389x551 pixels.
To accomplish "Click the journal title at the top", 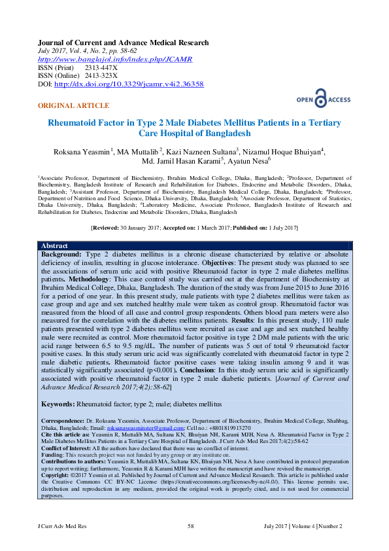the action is [124, 43].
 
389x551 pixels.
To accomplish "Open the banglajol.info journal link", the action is [116, 60].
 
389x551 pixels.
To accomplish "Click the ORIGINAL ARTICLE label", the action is [74, 106].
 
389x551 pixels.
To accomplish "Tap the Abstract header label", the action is [54, 245].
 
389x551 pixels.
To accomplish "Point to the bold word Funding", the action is [52, 453].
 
